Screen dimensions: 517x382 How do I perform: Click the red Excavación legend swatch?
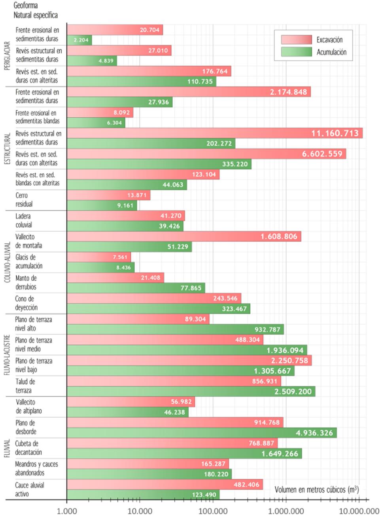pos(296,39)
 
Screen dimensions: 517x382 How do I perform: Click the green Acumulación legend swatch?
pos(296,52)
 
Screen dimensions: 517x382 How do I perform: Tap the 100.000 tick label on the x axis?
pos(213,511)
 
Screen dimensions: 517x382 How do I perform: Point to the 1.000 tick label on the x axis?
pos(67,511)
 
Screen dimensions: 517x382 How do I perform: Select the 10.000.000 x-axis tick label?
pos(359,511)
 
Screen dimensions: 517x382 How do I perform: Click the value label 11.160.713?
pos(335,133)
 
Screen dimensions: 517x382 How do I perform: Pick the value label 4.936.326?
pos(314,433)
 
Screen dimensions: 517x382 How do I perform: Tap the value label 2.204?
pos(81,40)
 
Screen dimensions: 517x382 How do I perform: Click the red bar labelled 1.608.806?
pos(184,236)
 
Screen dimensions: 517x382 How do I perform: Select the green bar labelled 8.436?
pos(100,267)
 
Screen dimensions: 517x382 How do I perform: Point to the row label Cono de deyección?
pos(26,303)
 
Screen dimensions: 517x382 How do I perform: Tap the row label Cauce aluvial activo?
pos(29,489)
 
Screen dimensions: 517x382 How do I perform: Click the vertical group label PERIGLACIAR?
pos(7,56)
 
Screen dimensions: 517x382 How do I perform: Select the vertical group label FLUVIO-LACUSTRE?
pos(7,355)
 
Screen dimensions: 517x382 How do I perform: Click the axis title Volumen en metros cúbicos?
pos(316,490)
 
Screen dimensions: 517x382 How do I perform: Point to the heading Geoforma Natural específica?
pos(35,10)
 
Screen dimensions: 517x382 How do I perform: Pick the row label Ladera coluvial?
pos(23,220)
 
